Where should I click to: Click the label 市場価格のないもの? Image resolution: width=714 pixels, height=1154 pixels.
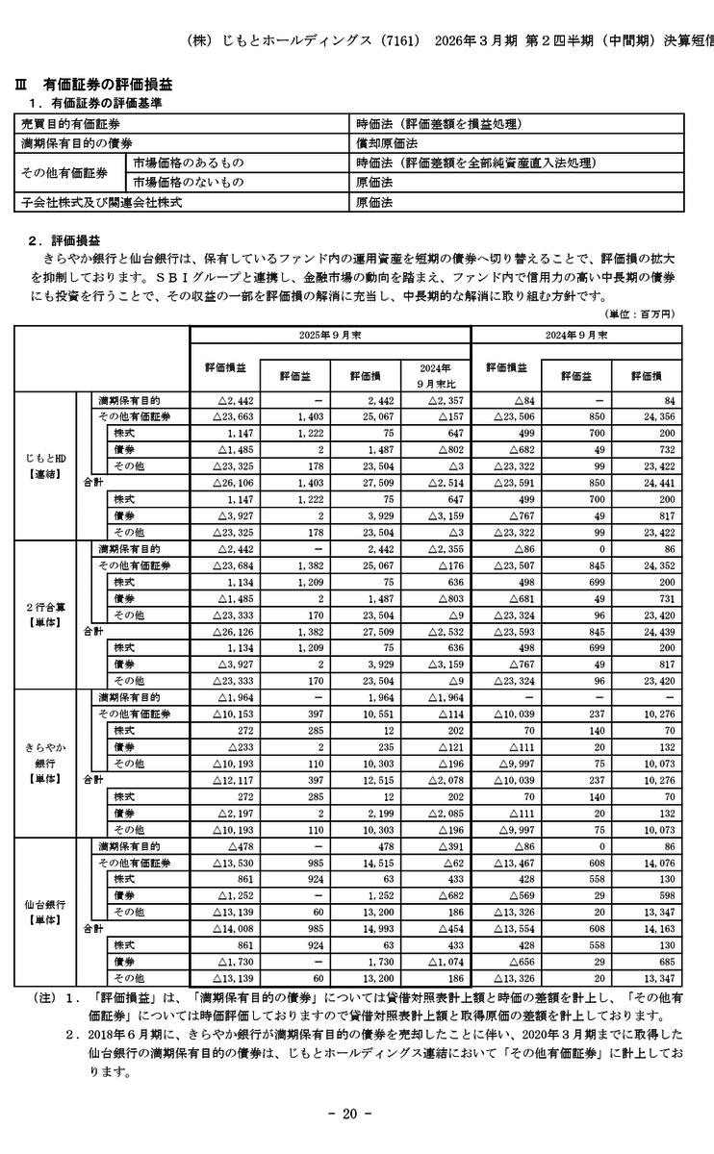(x=189, y=183)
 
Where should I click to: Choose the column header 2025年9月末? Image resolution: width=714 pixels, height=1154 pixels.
(x=329, y=335)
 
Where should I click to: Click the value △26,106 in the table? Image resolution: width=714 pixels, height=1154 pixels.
(x=227, y=482)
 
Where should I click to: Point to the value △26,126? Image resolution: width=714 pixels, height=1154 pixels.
(x=227, y=631)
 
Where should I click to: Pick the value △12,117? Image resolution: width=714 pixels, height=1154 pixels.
(x=227, y=779)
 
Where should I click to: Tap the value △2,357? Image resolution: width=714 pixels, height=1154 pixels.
(x=445, y=399)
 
